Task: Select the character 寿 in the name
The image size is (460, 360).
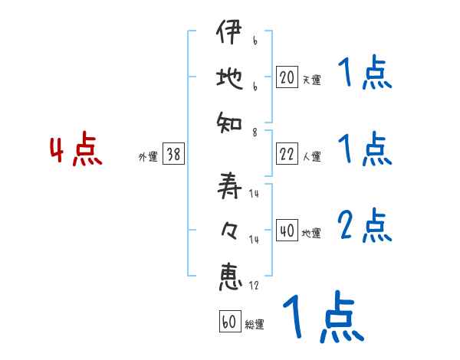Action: click(x=228, y=186)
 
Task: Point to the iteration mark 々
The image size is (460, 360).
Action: click(x=228, y=229)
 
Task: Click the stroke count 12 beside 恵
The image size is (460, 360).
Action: click(x=254, y=285)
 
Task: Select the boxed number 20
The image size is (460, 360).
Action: click(x=287, y=77)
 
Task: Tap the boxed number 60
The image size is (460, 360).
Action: click(x=228, y=322)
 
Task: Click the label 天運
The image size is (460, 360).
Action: click(x=311, y=80)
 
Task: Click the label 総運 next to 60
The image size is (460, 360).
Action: click(x=254, y=325)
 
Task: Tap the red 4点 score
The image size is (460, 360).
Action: click(x=75, y=150)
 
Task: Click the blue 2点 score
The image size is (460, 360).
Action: click(x=364, y=226)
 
